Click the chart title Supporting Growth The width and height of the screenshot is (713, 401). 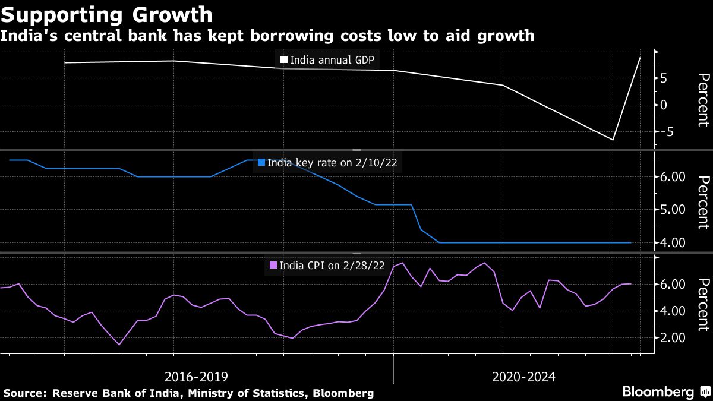[106, 14]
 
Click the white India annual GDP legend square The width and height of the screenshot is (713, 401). [284, 60]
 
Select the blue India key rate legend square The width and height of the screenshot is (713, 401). [261, 162]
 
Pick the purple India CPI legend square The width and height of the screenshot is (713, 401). [273, 265]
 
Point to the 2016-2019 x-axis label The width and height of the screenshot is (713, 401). [195, 377]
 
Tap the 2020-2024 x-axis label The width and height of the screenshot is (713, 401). [523, 377]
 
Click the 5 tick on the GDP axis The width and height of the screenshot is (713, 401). [663, 78]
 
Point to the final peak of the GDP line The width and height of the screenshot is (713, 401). [640, 58]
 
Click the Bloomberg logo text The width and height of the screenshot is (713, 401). [658, 392]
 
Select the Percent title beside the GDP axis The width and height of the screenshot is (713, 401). [703, 100]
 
